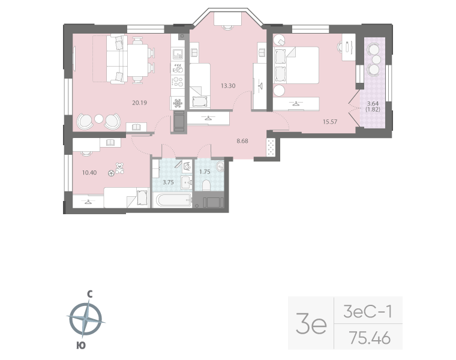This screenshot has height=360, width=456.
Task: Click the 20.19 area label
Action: click(x=140, y=103)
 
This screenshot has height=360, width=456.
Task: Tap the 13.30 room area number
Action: click(x=227, y=86)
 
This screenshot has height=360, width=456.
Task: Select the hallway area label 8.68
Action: click(x=243, y=142)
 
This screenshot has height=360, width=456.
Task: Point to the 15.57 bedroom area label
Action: click(x=330, y=122)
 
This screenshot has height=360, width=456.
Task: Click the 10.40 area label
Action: click(x=89, y=173)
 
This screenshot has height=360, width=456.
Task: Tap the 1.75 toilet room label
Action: click(x=204, y=172)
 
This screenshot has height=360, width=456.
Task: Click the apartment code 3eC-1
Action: click(x=368, y=312)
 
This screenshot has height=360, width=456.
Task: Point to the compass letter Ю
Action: click(x=80, y=345)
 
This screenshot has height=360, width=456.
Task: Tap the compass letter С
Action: click(x=89, y=294)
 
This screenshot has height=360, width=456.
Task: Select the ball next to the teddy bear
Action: click(x=111, y=173)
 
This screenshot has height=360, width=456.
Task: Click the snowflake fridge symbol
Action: click(x=178, y=103)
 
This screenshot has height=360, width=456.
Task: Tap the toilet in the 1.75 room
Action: click(x=207, y=184)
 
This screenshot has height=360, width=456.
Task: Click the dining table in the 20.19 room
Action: click(x=139, y=59)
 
